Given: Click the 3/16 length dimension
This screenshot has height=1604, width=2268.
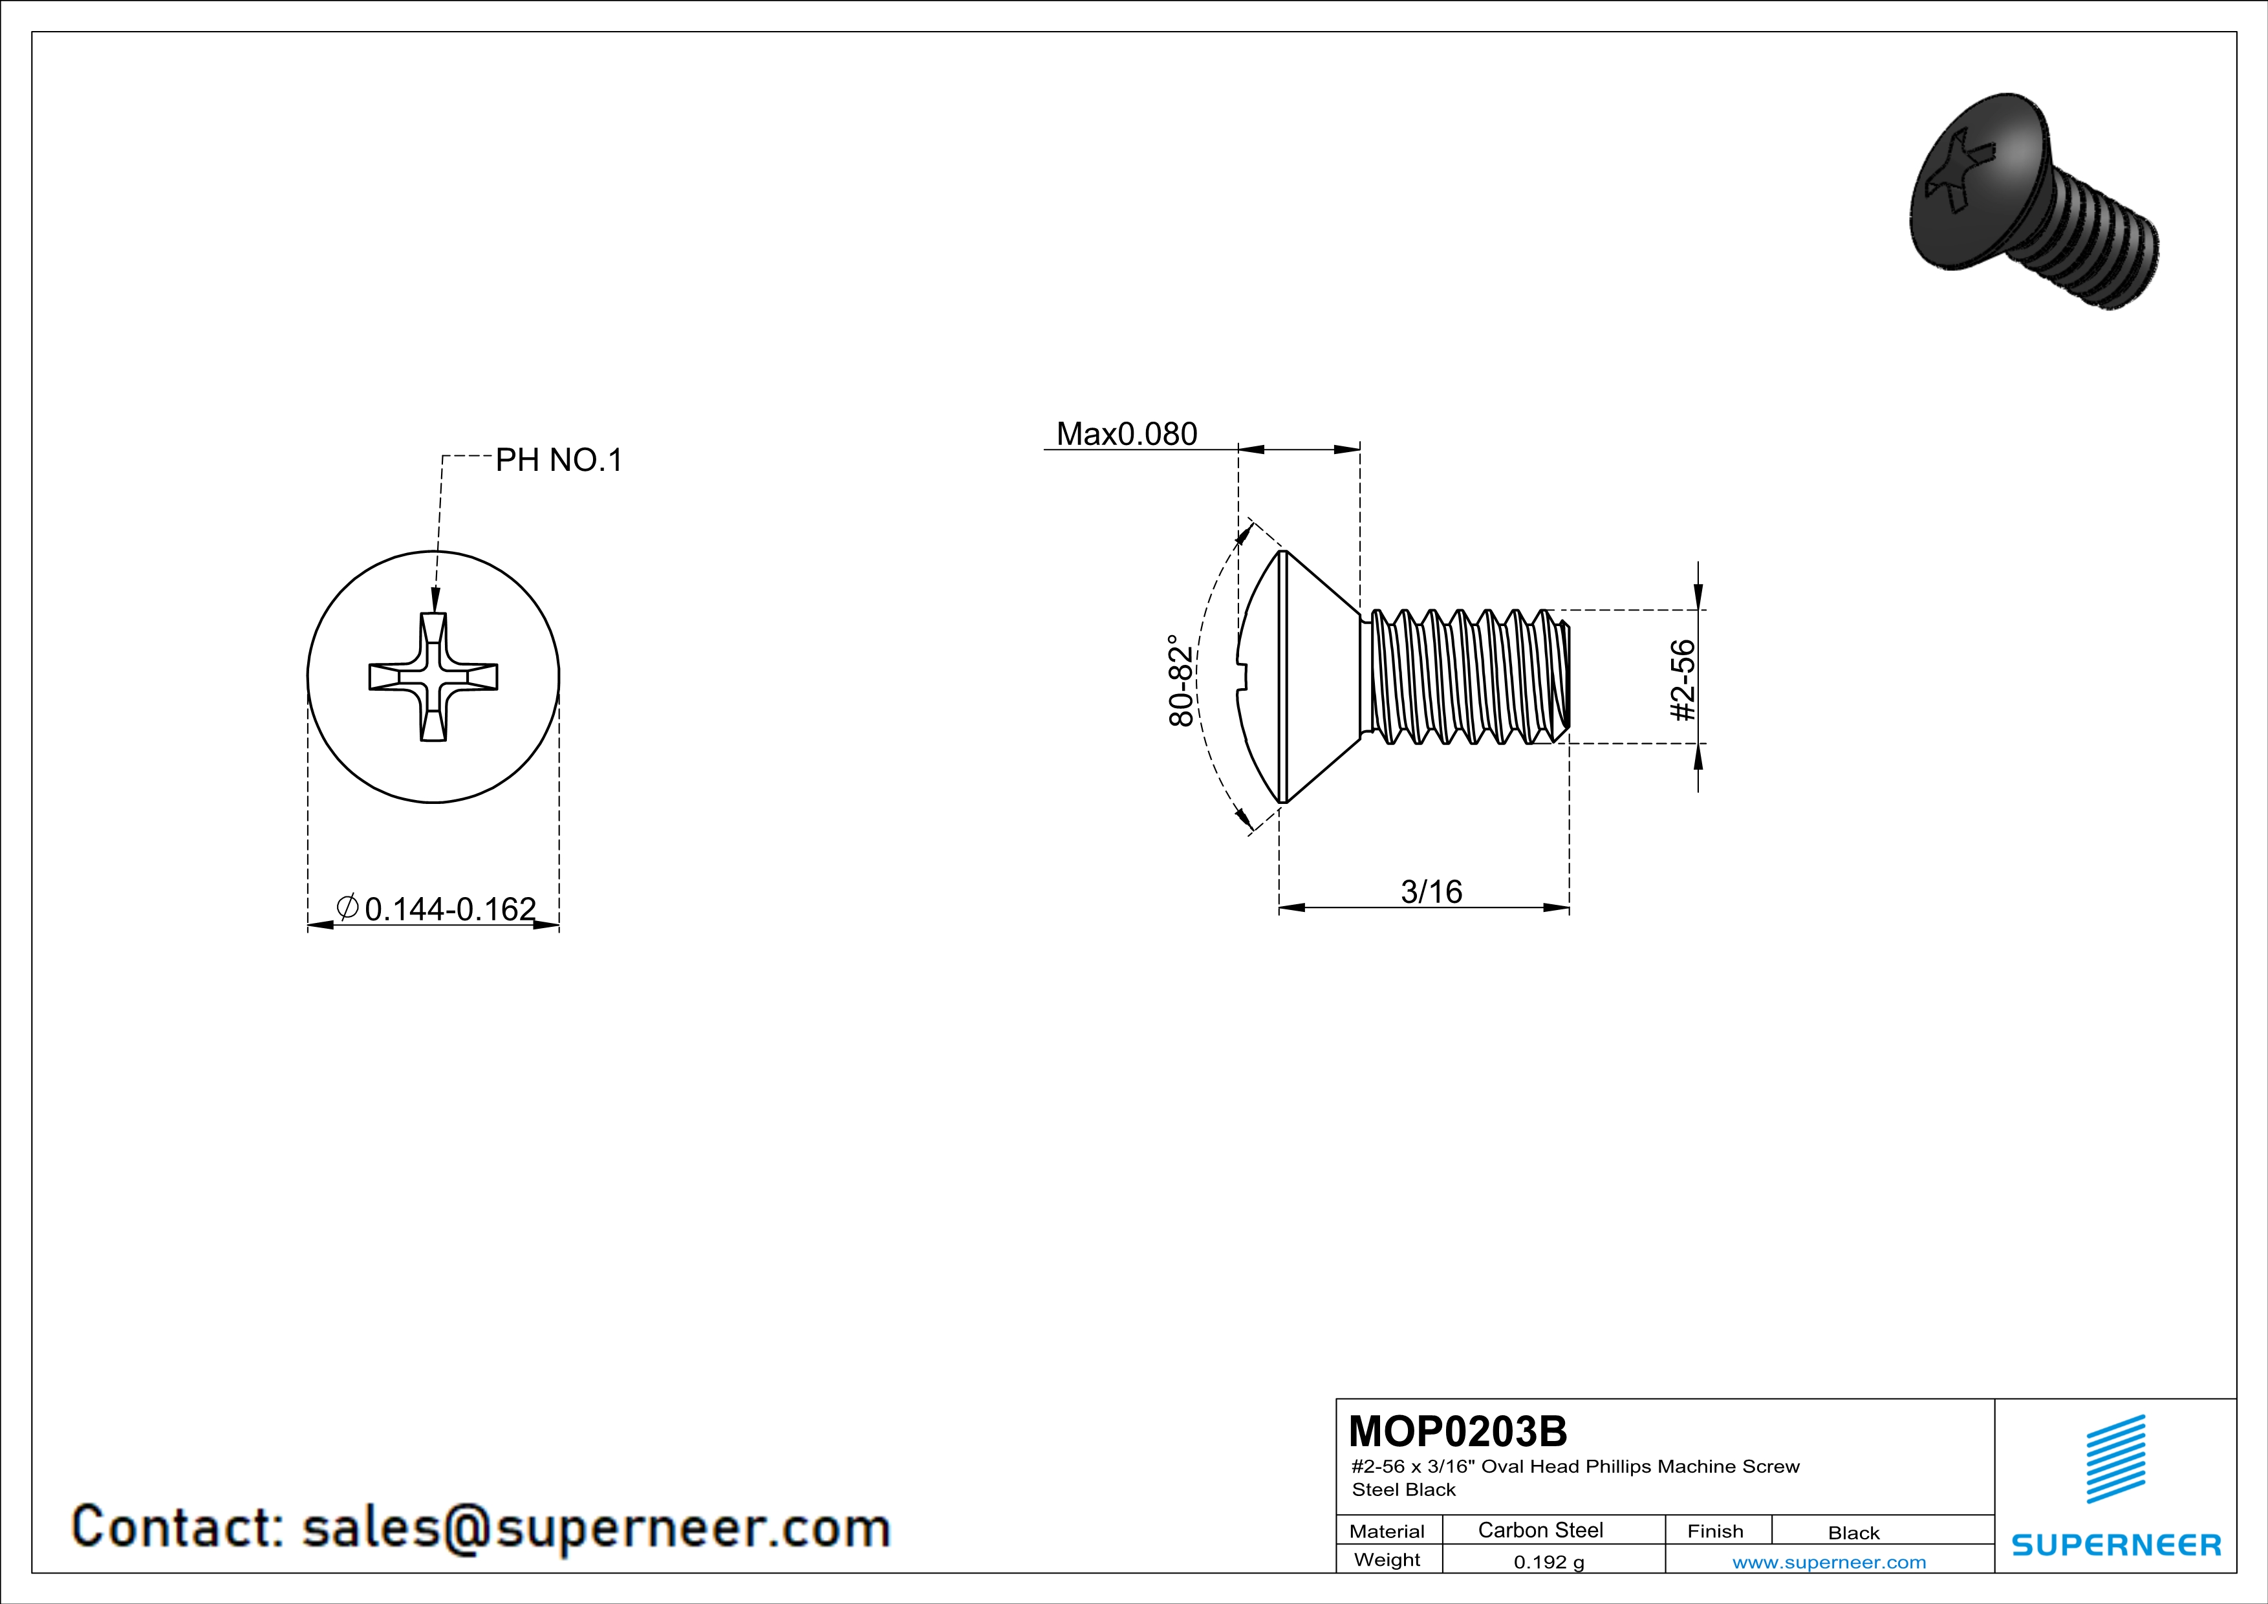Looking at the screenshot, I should pos(1431,892).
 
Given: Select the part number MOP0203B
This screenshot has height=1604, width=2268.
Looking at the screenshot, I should pos(1457,1431).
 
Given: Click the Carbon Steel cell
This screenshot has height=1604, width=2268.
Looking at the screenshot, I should pos(1540,1530).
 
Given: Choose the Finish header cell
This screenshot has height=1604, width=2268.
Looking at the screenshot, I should pos(1715,1531).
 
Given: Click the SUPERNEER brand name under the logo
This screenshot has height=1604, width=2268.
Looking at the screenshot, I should pos(2116,1544).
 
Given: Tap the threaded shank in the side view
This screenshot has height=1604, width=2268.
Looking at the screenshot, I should pos(1467,677).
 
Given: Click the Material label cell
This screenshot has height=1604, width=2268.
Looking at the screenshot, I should pos(1387,1531).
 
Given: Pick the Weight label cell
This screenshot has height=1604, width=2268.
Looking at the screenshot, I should pos(1387,1559).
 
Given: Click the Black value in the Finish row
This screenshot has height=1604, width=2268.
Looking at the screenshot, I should pos(1853,1533).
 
